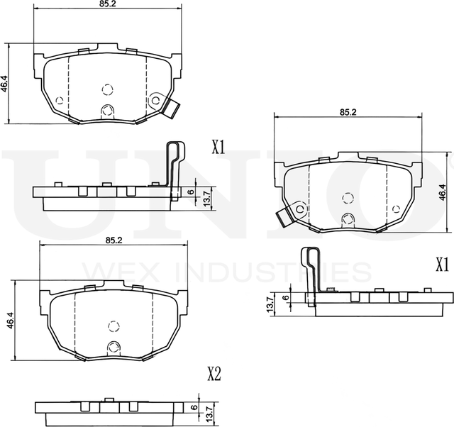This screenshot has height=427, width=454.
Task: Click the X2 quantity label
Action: coord(214,374)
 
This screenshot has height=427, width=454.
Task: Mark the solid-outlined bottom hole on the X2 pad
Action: coord(113,348)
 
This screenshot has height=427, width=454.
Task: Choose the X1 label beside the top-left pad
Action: coord(218,148)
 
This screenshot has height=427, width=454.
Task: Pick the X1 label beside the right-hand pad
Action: coord(443,265)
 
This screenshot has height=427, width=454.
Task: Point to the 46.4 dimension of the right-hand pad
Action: coord(443,191)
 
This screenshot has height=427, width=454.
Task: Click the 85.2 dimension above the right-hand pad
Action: coord(348,112)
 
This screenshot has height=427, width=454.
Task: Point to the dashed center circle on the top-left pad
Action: coord(107,89)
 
